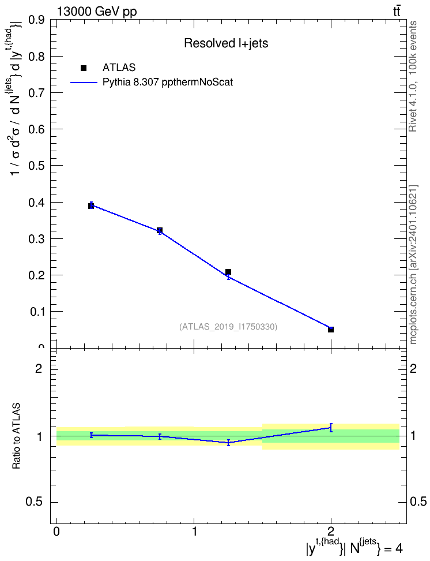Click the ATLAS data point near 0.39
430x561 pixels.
[x=91, y=205]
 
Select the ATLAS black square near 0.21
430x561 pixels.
[x=228, y=272]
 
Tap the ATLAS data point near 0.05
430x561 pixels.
[x=331, y=330]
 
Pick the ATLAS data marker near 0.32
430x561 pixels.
[x=160, y=230]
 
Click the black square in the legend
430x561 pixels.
[x=84, y=68]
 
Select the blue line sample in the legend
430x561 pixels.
[x=84, y=83]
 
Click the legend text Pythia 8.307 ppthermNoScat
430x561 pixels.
[x=168, y=83]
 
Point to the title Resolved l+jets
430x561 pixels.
[x=226, y=43]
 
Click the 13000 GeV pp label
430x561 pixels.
[x=97, y=12]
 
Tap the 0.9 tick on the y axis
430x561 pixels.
[x=36, y=20]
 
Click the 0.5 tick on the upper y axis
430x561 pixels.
[x=36, y=165]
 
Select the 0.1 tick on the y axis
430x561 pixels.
[x=37, y=312]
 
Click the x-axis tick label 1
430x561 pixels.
[x=194, y=532]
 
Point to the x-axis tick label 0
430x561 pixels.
[x=56, y=532]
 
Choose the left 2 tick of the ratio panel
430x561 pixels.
[x=39, y=368]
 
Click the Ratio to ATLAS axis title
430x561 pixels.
[x=17, y=436]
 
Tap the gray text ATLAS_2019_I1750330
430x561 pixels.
[x=228, y=327]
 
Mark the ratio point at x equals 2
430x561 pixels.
[x=331, y=428]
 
